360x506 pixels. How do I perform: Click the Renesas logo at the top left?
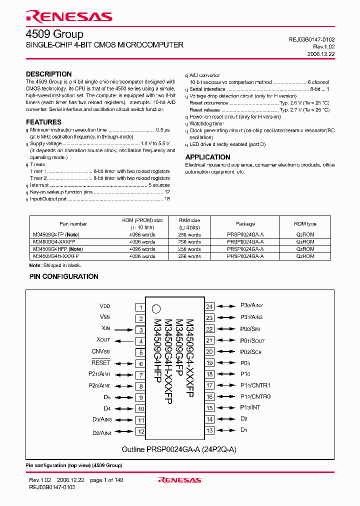(69, 16)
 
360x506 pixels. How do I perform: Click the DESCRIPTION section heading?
(48, 74)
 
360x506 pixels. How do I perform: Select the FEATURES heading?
(43, 122)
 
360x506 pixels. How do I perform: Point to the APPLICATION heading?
(207, 157)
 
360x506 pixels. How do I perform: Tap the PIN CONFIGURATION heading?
(63, 276)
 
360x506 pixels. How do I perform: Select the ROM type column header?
(305, 224)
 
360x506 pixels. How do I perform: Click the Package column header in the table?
(245, 224)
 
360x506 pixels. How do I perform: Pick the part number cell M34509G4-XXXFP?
(54, 241)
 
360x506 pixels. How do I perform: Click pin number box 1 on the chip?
(141, 307)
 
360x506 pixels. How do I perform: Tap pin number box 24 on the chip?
(209, 306)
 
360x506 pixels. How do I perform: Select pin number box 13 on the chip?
(209, 430)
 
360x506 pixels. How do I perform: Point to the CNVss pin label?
(100, 351)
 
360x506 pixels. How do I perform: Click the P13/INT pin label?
(250, 407)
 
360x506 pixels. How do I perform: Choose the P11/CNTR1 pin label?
(255, 385)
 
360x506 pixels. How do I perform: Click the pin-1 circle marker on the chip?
(156, 308)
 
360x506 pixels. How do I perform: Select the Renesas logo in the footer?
(179, 480)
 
